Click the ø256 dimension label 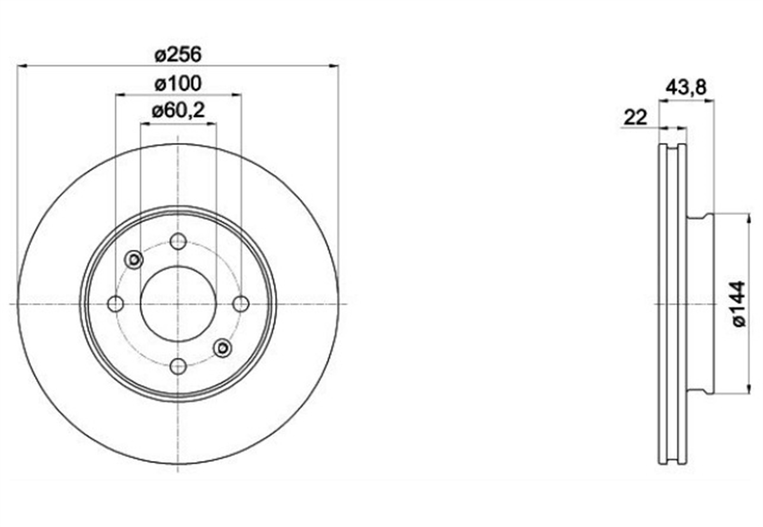tap(178, 55)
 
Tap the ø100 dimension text tap(178, 83)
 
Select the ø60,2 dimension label tap(179, 111)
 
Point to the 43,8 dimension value tap(686, 88)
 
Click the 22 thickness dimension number tap(635, 118)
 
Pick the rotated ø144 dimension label tap(739, 304)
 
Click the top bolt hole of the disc tap(178, 241)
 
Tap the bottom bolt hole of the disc tap(178, 367)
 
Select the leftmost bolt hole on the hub tap(116, 304)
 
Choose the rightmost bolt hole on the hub tap(241, 304)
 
